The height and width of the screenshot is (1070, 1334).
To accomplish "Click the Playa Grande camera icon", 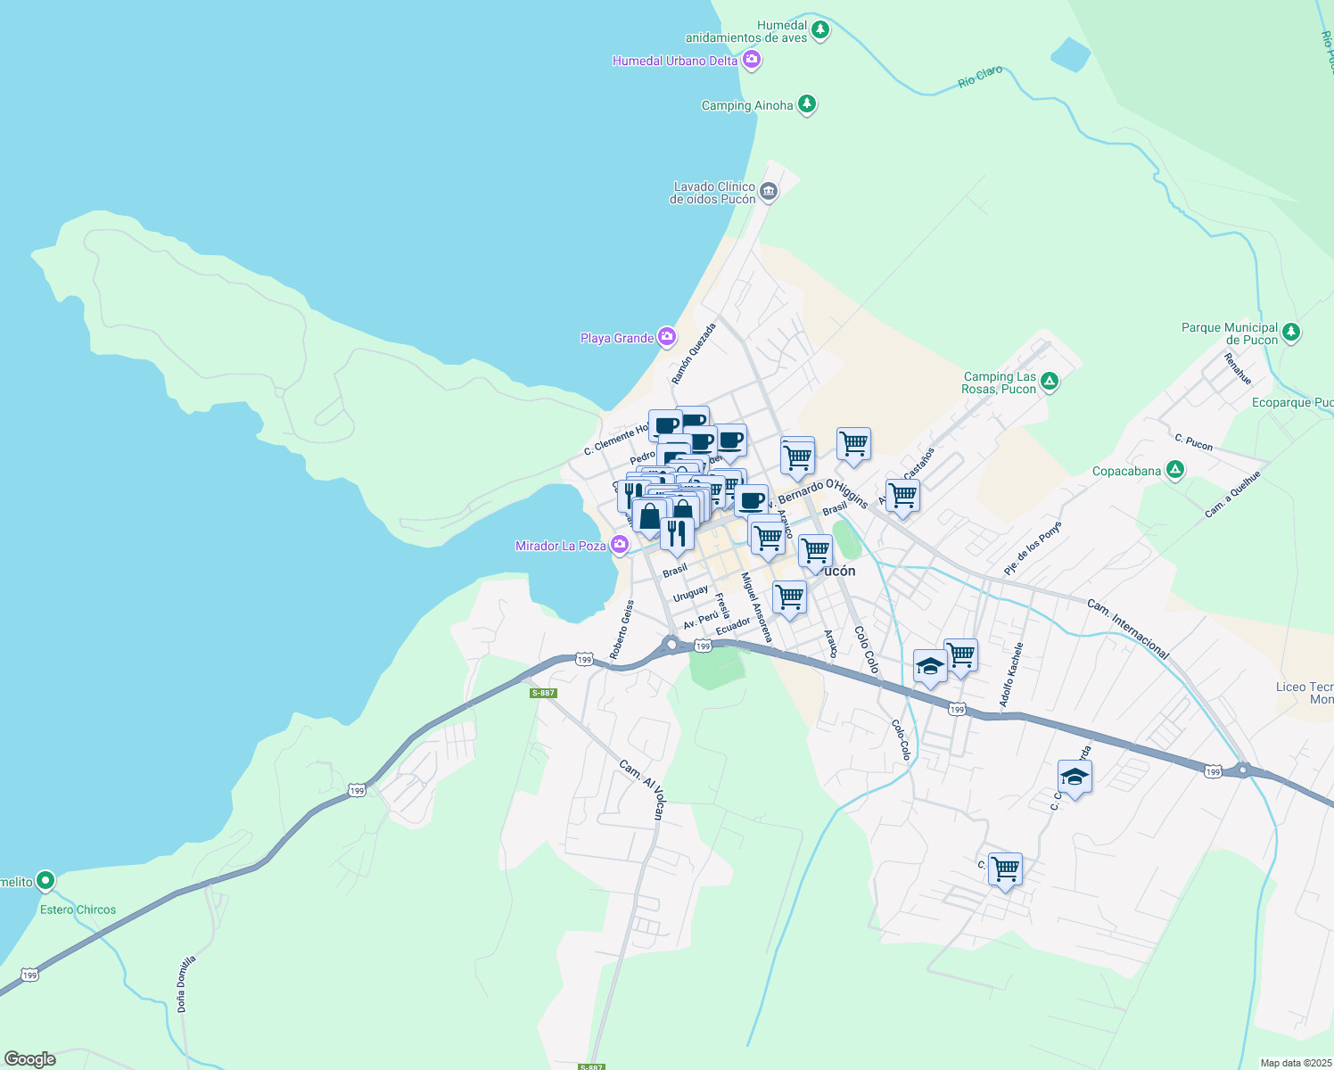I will (666, 336).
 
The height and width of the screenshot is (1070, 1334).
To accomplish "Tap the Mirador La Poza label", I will (560, 546).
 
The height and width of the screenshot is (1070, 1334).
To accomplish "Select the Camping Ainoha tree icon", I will (806, 104).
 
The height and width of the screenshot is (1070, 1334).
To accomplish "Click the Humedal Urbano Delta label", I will (674, 61).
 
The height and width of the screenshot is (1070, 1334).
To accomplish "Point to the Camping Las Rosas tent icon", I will (1050, 382).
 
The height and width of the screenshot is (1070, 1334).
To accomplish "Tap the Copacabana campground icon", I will (1175, 470).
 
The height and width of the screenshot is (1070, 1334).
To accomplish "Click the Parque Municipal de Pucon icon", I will (1290, 333).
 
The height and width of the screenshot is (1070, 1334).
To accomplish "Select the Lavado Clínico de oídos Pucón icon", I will (769, 191).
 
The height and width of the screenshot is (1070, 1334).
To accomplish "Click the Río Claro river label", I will (980, 77).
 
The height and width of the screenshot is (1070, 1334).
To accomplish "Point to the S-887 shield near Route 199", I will (542, 693).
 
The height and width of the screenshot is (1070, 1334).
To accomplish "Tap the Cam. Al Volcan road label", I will (642, 789).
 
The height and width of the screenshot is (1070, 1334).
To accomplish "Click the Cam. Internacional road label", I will (1127, 629).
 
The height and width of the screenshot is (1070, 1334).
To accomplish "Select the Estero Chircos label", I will (78, 909).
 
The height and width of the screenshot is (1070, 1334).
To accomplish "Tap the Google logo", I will (29, 1059).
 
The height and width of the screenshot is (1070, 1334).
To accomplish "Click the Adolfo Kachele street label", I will (1011, 675).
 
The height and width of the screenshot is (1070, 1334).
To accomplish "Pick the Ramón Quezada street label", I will (694, 354).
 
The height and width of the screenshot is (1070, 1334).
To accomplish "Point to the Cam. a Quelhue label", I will (1232, 495).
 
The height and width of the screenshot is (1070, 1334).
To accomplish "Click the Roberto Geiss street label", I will (622, 630).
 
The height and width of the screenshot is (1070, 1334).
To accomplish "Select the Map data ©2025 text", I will (1295, 1063).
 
